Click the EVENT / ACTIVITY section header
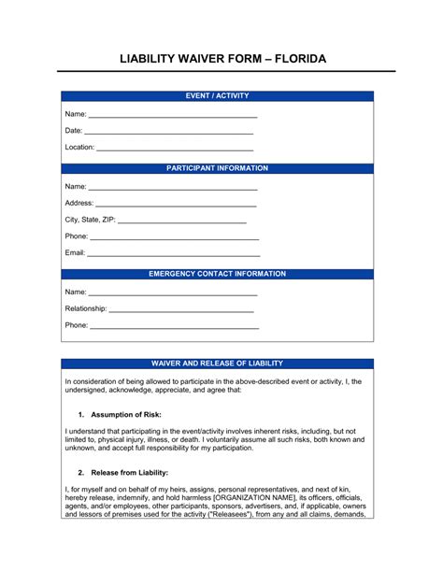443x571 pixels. point(217,96)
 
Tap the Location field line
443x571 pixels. point(175,149)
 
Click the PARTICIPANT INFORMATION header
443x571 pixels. point(217,169)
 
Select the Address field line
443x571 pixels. point(176,204)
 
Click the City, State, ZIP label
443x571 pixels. point(91,221)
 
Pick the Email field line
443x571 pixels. point(173,253)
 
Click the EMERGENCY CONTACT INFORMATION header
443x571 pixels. point(217,275)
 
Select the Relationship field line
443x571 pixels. point(181,309)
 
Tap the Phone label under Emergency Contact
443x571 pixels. point(76,325)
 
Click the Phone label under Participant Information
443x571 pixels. point(76,236)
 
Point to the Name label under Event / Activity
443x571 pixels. point(75,114)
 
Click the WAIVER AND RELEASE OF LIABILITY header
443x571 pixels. point(217,363)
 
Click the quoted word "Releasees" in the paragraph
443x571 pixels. point(236,514)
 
